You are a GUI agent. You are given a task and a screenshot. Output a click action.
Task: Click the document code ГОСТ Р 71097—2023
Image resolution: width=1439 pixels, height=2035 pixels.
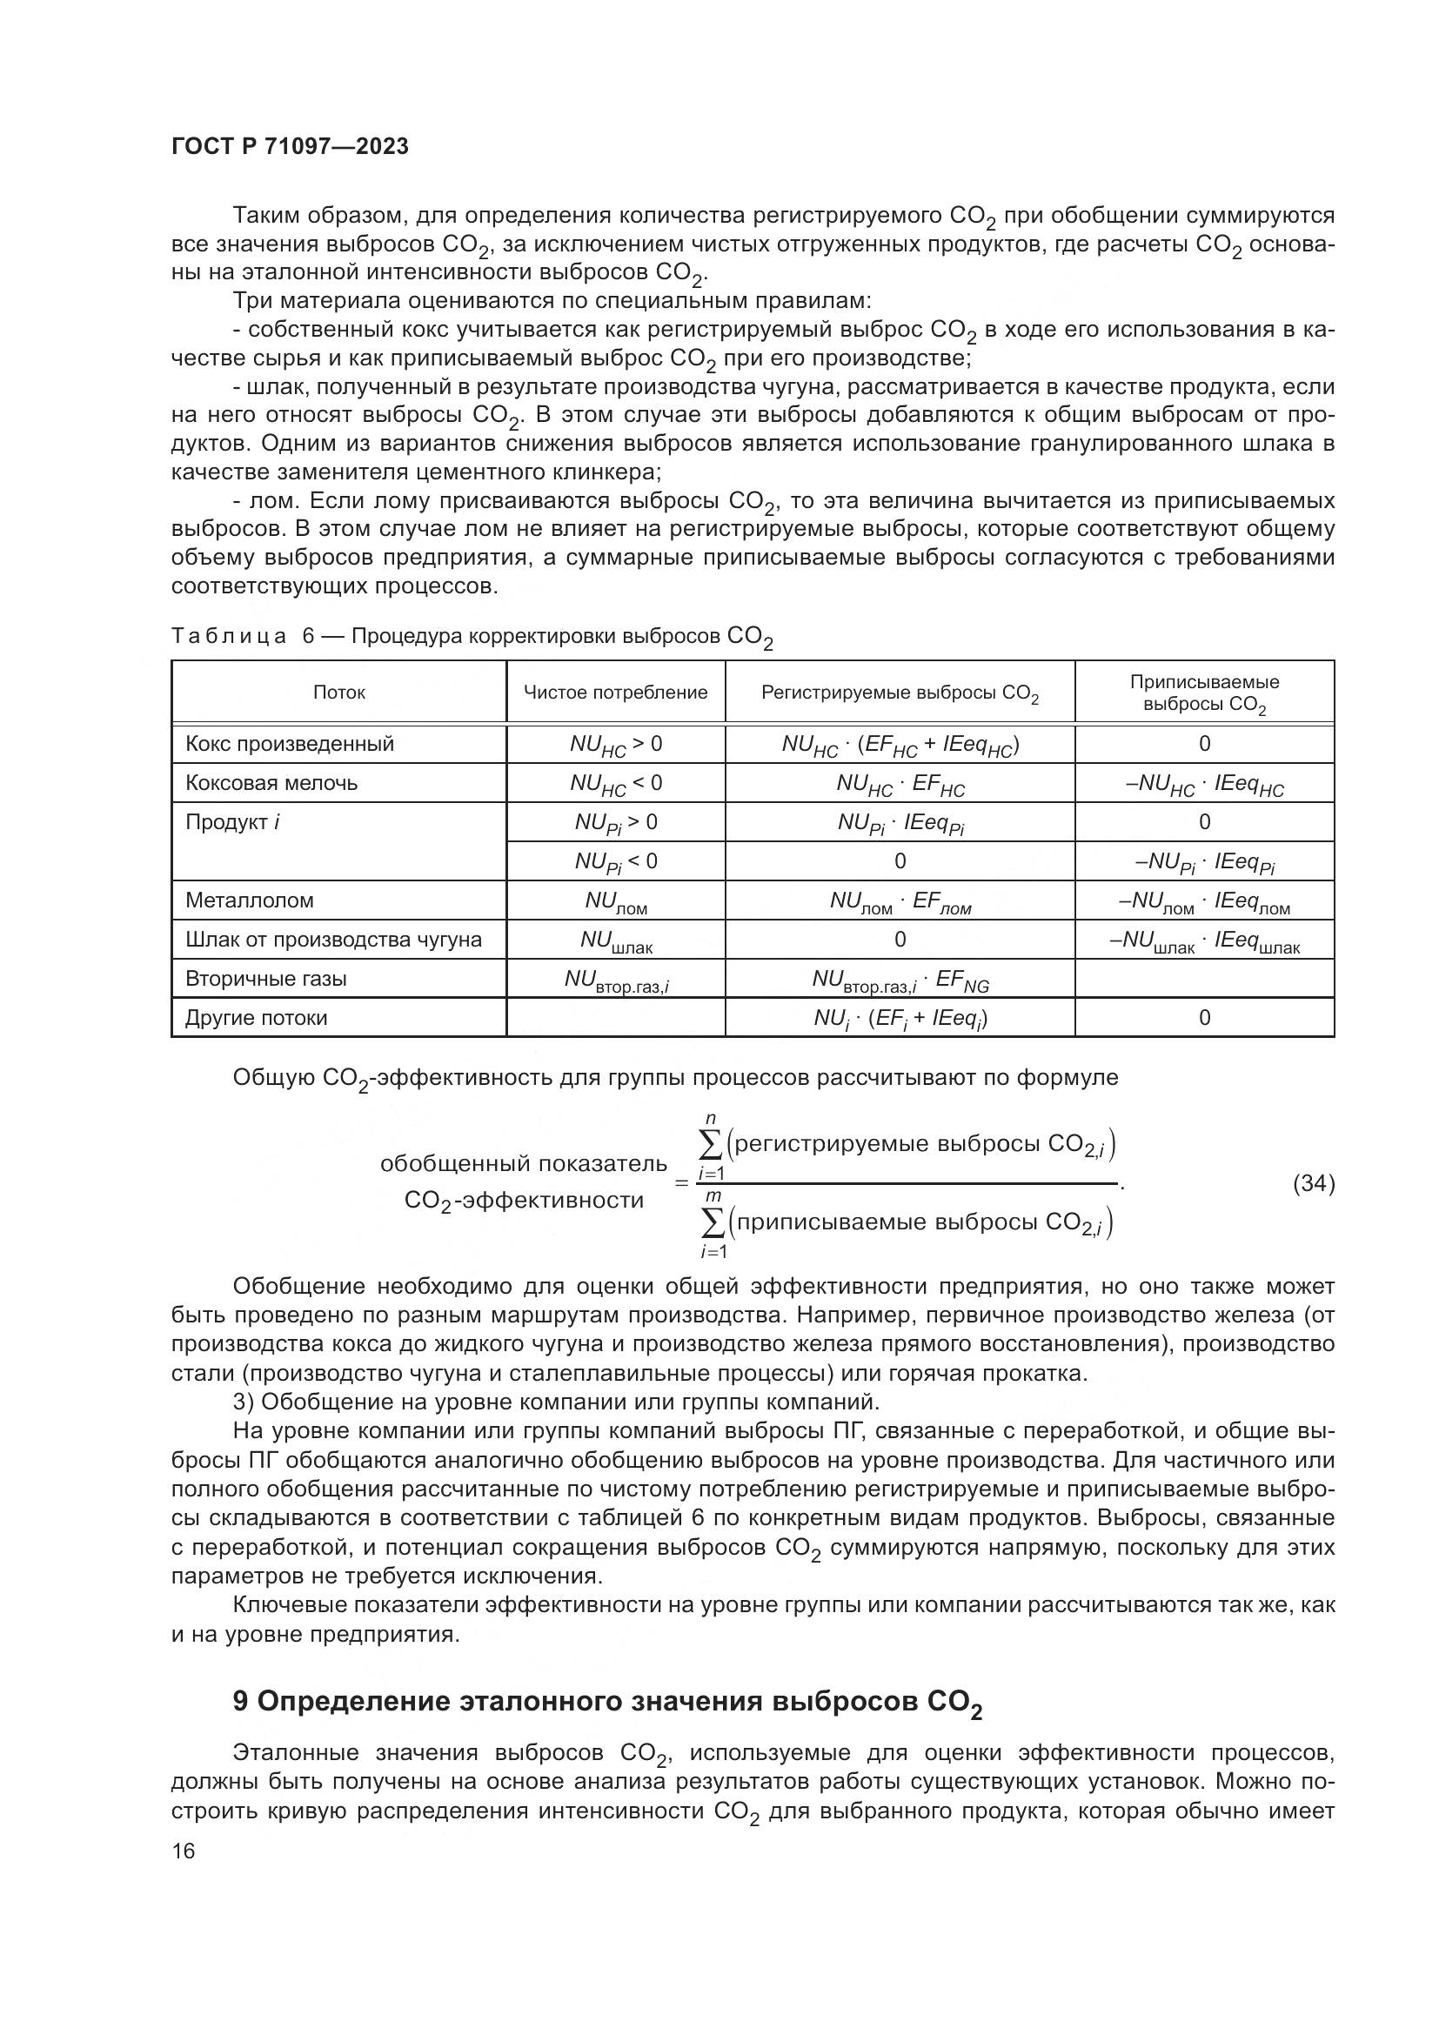click(x=290, y=146)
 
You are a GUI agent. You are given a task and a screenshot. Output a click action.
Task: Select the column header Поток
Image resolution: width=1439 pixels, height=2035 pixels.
click(x=338, y=693)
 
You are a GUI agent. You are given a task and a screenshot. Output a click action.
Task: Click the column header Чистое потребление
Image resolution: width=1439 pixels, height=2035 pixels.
click(x=615, y=693)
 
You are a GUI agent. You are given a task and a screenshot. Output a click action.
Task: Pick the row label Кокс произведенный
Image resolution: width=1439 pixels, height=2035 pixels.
click(x=289, y=744)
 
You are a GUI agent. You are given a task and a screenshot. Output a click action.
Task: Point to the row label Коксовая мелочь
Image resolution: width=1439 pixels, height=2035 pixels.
click(x=271, y=783)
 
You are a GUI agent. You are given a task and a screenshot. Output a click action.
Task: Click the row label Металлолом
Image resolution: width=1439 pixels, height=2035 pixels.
click(x=249, y=900)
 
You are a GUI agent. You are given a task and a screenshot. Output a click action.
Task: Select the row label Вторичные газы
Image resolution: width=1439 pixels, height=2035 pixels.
click(x=266, y=979)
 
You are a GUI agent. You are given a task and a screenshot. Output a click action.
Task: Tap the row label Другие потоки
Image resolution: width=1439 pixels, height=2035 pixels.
click(x=256, y=1018)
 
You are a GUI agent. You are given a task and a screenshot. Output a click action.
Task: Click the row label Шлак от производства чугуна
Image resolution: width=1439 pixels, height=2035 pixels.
click(x=333, y=940)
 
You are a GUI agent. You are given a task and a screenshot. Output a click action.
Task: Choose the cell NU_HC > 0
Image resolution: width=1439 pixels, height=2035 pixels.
click(x=615, y=745)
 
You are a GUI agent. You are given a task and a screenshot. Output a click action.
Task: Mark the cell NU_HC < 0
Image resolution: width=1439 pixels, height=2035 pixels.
click(x=615, y=784)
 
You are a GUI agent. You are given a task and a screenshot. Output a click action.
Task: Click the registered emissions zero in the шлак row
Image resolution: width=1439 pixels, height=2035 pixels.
click(x=900, y=940)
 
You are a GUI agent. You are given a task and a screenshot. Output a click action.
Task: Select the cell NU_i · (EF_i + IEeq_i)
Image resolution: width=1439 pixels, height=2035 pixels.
click(x=900, y=1019)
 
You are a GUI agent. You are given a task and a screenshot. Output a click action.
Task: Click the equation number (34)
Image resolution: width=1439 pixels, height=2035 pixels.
click(x=1313, y=1183)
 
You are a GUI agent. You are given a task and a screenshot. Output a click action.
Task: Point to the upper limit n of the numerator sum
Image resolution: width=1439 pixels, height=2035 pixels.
click(x=710, y=1120)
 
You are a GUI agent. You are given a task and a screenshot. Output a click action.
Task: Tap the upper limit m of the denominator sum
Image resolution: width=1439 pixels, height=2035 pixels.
click(x=711, y=1196)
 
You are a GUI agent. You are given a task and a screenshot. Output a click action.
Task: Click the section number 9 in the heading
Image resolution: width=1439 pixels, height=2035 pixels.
click(x=240, y=1702)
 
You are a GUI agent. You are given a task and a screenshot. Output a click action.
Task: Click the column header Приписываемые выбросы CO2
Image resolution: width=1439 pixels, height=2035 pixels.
click(x=1203, y=693)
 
